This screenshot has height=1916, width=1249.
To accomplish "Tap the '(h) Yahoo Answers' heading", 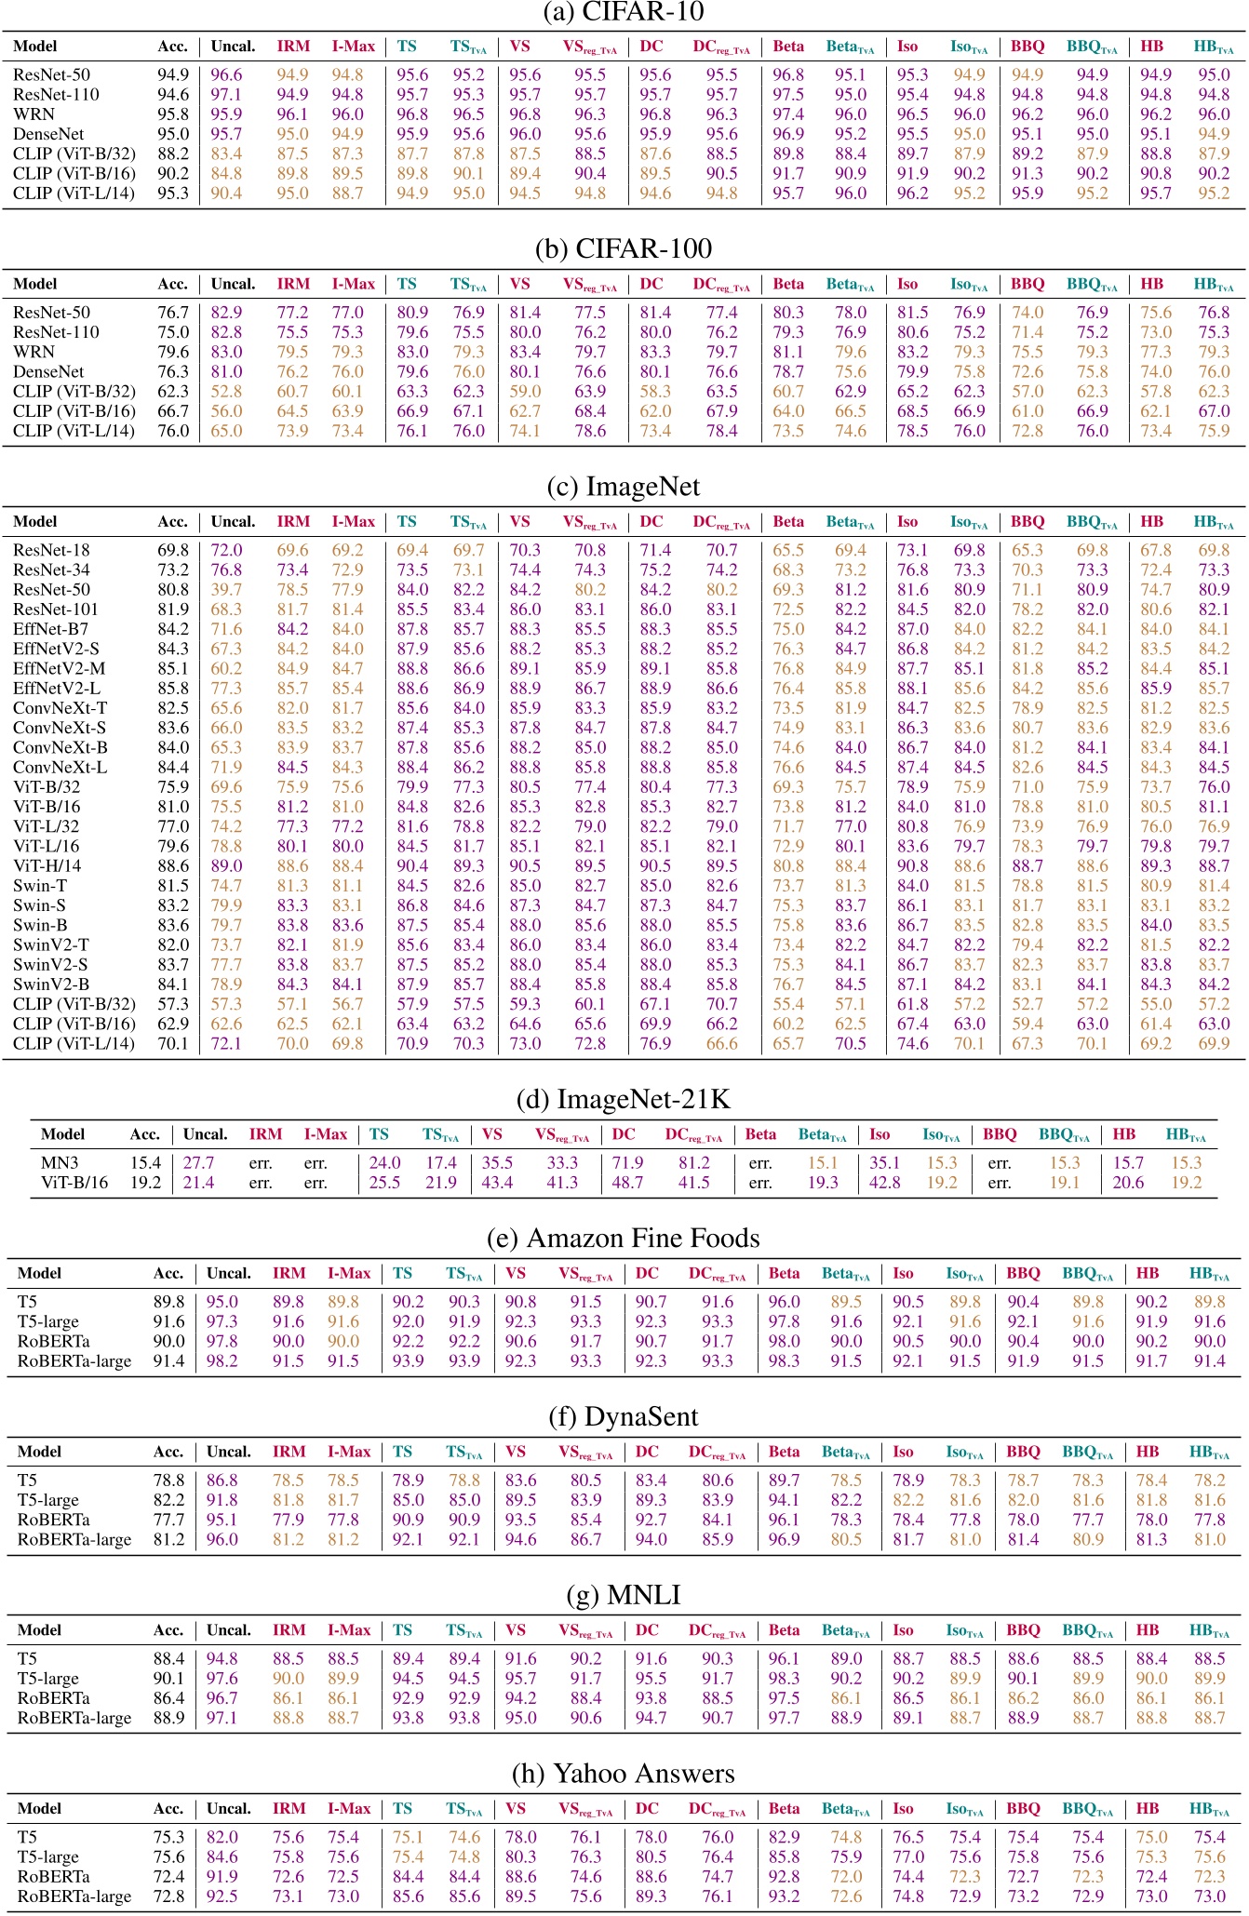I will (624, 1773).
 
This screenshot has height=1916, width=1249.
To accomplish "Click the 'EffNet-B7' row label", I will (50, 629).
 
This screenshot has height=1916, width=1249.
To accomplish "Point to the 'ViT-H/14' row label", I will (47, 865).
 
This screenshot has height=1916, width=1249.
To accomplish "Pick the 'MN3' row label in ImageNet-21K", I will (58, 1162).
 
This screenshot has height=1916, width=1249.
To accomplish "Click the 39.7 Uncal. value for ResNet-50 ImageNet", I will (226, 589).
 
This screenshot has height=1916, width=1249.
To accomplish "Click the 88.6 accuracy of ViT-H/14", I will (173, 865).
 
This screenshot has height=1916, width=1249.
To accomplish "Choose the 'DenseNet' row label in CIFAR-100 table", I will (48, 371).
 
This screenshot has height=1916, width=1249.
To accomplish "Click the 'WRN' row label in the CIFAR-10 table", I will (34, 114).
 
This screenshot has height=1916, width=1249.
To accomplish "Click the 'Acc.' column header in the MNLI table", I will (168, 1629).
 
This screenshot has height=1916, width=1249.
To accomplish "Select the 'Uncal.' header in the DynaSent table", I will (229, 1451).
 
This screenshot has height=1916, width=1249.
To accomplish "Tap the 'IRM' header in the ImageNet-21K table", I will (265, 1133).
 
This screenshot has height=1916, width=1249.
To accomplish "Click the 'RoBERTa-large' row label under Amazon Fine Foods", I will (74, 1360).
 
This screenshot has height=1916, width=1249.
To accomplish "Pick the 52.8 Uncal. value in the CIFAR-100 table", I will (226, 391).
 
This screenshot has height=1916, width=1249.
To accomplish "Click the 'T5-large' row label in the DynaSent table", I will (47, 1499).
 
